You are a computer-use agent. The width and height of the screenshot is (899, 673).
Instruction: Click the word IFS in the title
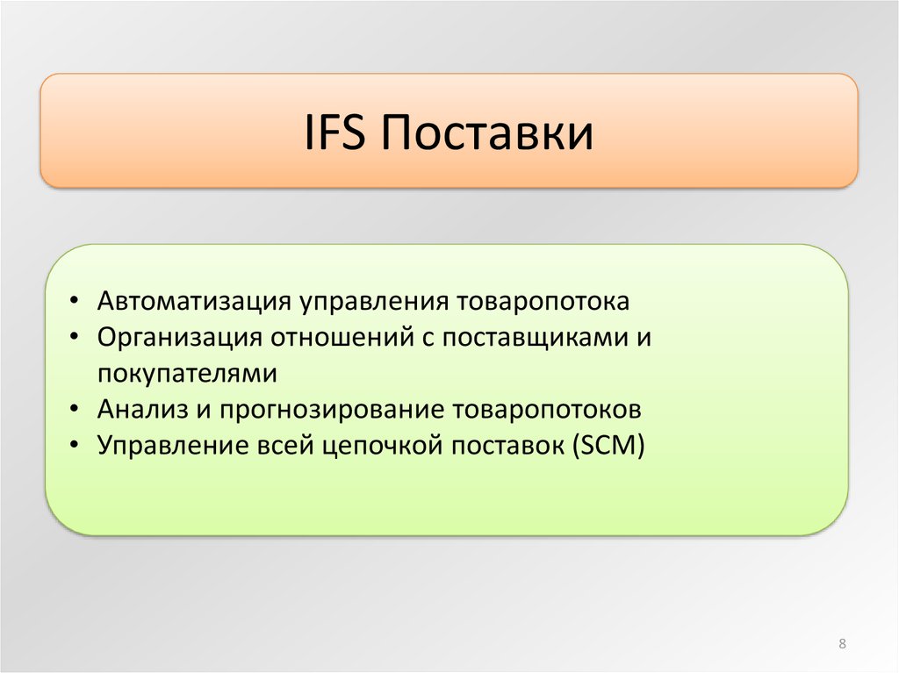coord(334,132)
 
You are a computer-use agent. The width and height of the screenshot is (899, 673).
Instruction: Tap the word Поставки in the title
coord(486,132)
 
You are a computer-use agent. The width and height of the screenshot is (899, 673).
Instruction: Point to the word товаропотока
coord(543,302)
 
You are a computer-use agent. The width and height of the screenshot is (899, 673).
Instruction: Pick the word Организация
coord(179,337)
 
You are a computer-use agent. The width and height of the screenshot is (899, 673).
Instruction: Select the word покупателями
coord(188,374)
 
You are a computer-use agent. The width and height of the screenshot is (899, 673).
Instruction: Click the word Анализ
coord(143,409)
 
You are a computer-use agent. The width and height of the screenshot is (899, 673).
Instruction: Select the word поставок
coord(507,447)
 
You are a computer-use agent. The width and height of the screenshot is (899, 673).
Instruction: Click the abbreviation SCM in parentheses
coord(608,446)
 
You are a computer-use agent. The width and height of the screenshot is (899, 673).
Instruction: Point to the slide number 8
coord(842,643)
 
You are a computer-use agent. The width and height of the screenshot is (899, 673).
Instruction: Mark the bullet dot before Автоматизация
coord(74,302)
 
